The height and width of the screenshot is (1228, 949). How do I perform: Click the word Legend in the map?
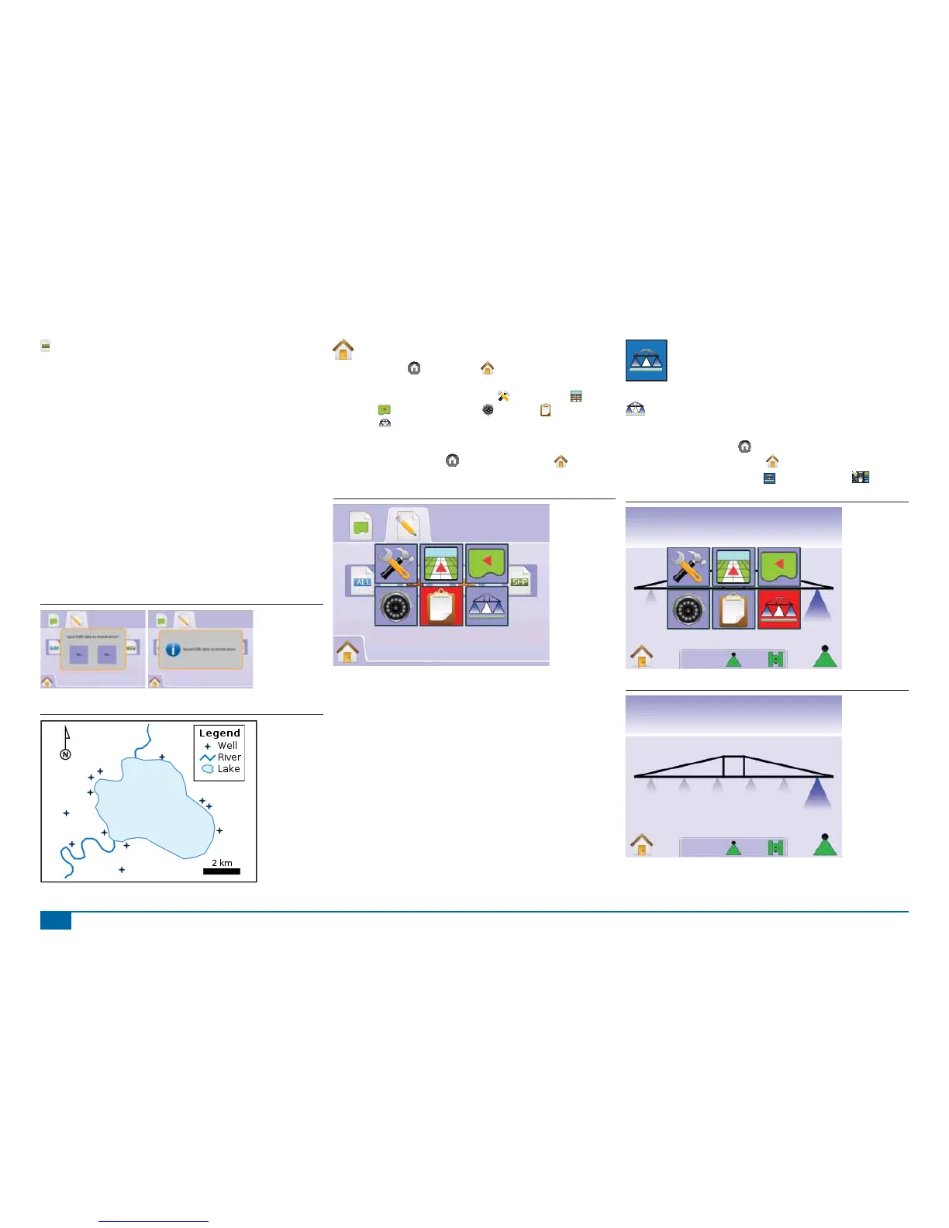[x=219, y=733]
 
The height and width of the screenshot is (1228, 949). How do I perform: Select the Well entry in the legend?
[x=227, y=746]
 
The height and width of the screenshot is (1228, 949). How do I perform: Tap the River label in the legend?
[x=229, y=757]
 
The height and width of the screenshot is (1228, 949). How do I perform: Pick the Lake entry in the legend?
[x=228, y=769]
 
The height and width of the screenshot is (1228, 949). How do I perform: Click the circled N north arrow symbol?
[x=66, y=754]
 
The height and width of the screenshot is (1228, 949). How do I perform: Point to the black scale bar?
[x=222, y=871]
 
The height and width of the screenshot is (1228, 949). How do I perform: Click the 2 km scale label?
[x=222, y=862]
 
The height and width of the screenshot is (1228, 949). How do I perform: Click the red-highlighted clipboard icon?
[x=441, y=606]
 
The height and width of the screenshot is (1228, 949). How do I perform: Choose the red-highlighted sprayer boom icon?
[x=778, y=609]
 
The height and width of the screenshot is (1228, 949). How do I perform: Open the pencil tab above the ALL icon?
[x=407, y=526]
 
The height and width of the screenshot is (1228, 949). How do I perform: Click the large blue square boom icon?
[x=647, y=360]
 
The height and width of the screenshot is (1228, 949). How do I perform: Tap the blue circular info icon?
[x=173, y=650]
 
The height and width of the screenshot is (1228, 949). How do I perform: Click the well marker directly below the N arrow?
[x=67, y=813]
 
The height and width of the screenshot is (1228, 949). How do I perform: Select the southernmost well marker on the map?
[x=122, y=870]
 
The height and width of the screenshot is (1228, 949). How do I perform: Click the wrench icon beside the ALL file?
[x=395, y=564]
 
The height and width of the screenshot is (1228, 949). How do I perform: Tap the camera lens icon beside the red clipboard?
[x=395, y=606]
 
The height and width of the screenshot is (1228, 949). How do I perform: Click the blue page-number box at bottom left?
[x=56, y=921]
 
